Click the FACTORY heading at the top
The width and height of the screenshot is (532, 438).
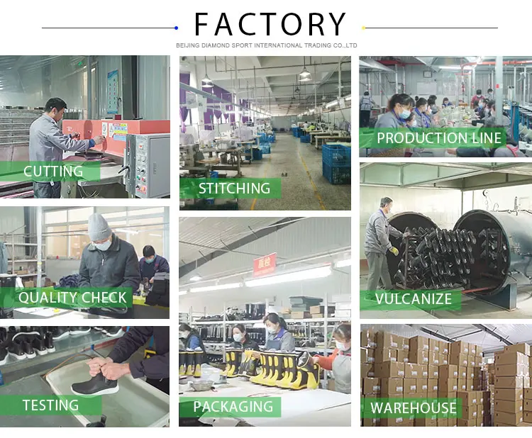tap(270, 24)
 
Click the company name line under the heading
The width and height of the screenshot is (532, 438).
tap(267, 45)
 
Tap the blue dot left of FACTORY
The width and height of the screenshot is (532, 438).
tap(176, 28)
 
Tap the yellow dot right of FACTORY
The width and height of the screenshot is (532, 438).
tap(364, 28)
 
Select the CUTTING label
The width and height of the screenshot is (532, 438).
tap(53, 172)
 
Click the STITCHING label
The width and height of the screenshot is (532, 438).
tap(234, 189)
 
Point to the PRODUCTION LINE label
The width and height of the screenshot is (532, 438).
tap(438, 138)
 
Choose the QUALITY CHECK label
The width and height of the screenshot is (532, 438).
tap(72, 298)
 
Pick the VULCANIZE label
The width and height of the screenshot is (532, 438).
tap(414, 298)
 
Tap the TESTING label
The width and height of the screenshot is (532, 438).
tap(50, 405)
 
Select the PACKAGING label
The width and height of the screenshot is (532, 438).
tap(233, 407)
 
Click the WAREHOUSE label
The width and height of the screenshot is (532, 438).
tap(414, 408)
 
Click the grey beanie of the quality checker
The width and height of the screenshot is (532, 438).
tap(100, 227)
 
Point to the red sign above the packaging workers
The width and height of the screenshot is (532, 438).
tap(265, 264)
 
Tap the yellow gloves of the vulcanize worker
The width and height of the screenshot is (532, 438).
tap(394, 250)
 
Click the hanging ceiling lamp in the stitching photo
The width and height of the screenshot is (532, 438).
tap(305, 74)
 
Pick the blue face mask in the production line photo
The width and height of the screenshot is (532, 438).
tap(405, 113)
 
